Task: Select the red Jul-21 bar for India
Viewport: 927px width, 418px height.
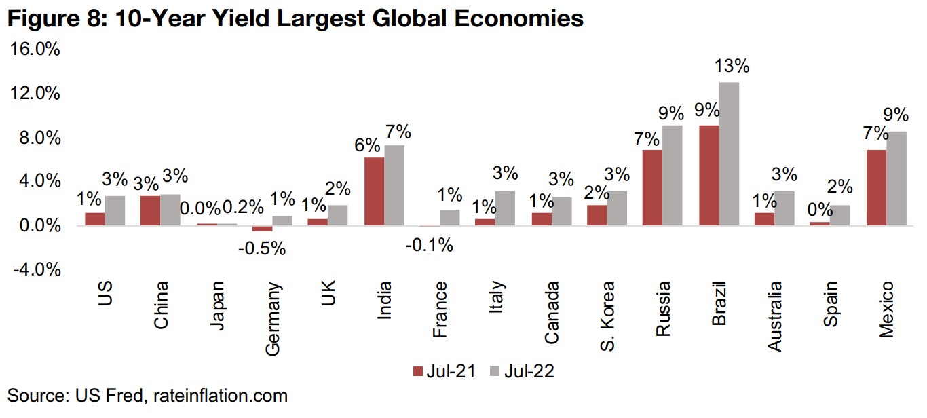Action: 374,191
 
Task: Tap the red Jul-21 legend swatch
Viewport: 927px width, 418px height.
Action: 418,371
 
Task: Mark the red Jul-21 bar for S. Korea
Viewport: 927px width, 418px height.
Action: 597,215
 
